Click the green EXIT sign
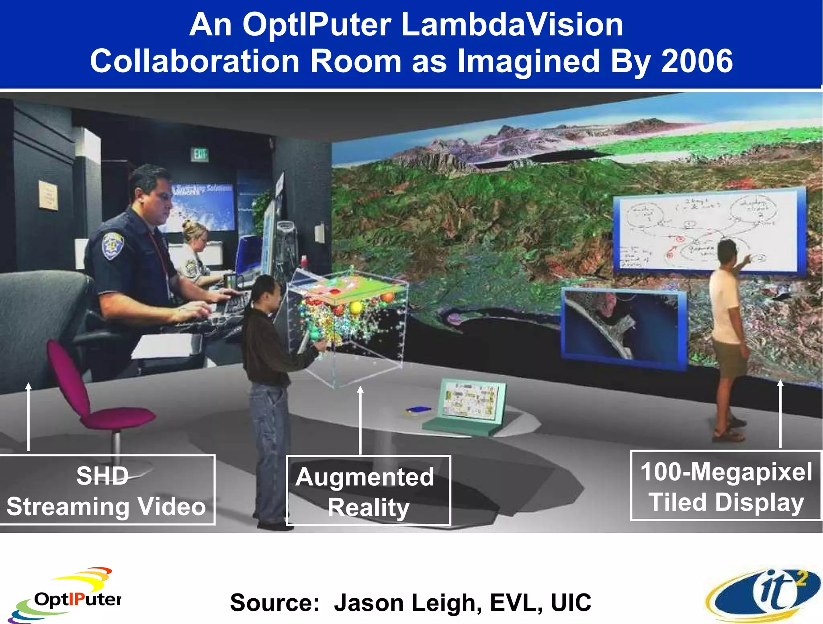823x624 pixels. point(200,154)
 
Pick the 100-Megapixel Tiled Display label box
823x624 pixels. point(726,486)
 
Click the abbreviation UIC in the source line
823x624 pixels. point(571,603)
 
